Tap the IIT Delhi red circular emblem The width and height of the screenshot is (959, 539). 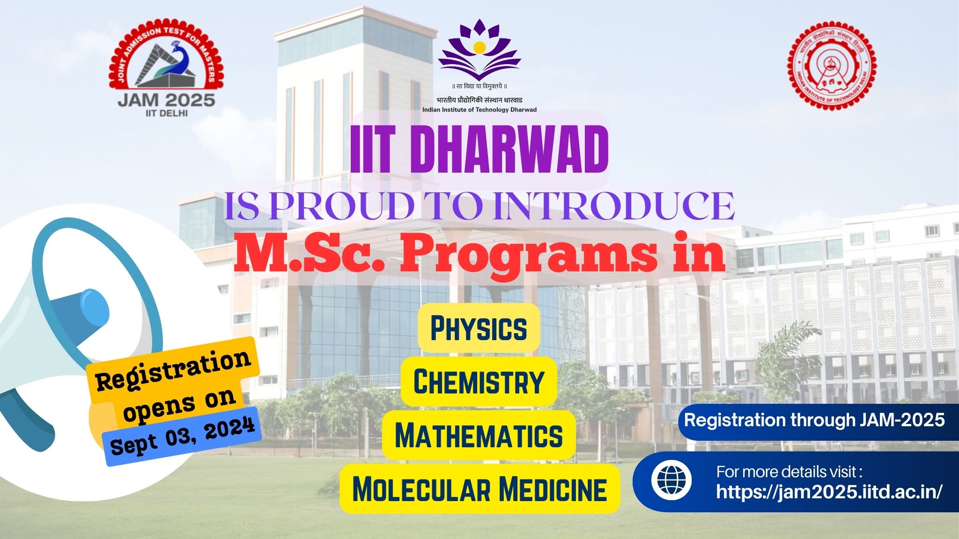(832, 64)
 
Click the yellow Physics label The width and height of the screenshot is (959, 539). (479, 328)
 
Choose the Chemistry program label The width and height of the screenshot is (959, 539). (479, 381)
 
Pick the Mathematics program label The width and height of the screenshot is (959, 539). (479, 435)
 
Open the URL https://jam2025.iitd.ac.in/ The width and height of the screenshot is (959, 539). (828, 492)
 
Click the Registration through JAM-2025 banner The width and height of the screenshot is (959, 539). (814, 420)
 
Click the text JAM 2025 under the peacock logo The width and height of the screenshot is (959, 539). (166, 100)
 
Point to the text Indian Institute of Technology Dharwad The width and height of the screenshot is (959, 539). (479, 109)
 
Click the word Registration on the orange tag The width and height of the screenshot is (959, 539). (173, 370)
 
